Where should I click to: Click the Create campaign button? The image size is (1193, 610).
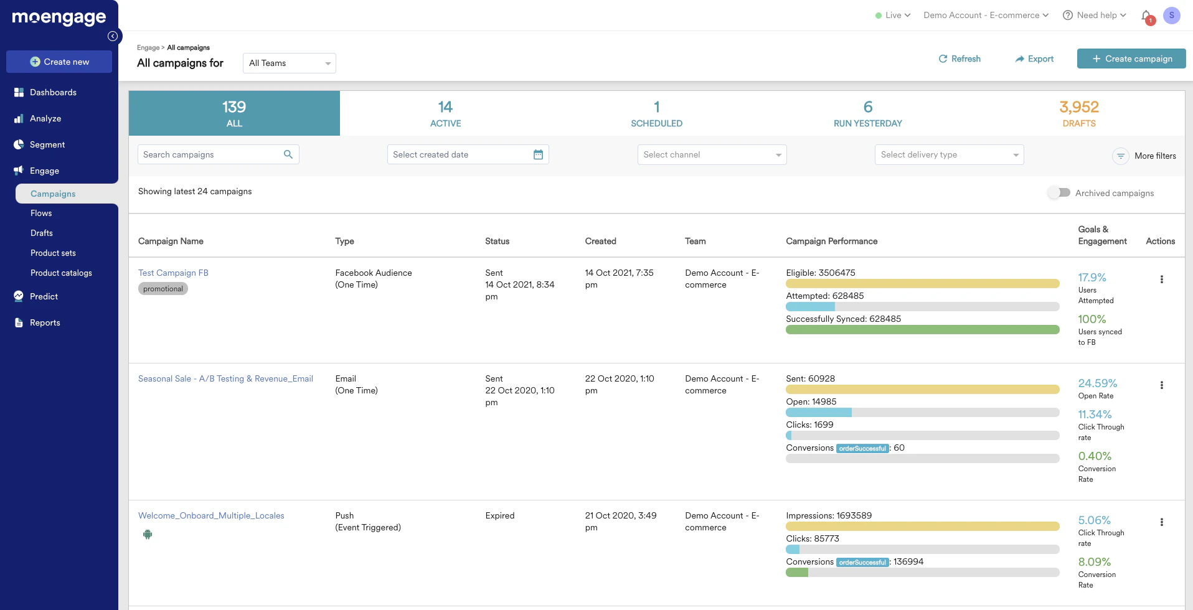point(1131,59)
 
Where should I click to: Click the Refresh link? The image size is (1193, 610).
point(960,59)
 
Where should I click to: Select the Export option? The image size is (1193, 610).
point(1034,59)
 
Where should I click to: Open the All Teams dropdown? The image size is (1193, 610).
point(289,63)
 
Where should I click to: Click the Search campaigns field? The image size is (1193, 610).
point(212,154)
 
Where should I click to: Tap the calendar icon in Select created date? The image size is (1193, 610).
point(538,154)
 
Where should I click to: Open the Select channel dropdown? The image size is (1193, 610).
point(712,154)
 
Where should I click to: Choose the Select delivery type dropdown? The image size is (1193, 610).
point(949,154)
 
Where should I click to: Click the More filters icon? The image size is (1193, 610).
point(1120,156)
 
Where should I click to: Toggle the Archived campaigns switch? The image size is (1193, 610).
point(1059,193)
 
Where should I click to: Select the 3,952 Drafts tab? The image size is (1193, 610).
point(1079,113)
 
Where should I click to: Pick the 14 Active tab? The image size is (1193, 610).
point(445,113)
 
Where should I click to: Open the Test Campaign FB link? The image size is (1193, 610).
point(173,273)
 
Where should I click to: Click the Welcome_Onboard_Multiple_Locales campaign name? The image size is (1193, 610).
point(211,515)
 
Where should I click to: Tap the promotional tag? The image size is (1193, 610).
point(163,289)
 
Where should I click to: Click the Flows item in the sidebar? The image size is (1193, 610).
point(41,213)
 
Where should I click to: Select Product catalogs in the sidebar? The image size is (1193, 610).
point(61,273)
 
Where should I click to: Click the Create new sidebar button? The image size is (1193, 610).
point(59,62)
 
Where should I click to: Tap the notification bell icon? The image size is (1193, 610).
point(1146,16)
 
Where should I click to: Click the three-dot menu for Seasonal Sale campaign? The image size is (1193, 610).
point(1161,385)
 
